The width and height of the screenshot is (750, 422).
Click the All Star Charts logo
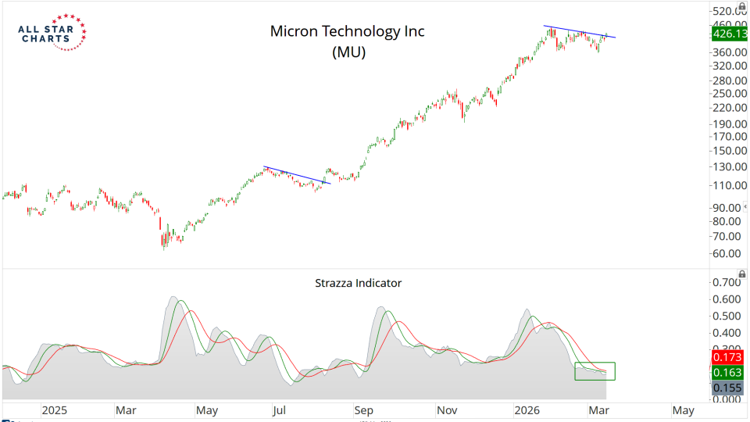[x=52, y=33]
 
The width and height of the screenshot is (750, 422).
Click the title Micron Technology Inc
[x=347, y=31]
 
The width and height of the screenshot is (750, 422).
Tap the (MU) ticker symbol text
[x=348, y=52]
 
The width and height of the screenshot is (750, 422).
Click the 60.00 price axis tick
[x=727, y=254]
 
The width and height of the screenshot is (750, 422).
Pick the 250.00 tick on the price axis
[x=727, y=93]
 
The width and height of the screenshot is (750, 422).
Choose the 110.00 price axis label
[x=727, y=185]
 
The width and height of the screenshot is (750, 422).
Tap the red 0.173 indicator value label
[x=727, y=357]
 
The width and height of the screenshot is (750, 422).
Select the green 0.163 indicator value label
[x=727, y=373]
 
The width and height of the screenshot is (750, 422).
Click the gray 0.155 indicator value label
[x=727, y=387]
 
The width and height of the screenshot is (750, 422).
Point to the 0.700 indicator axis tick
[x=728, y=281]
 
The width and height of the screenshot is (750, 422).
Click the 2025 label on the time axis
[x=55, y=409]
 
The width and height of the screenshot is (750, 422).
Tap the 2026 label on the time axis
[x=530, y=409]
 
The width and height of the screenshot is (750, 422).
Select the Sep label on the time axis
[x=364, y=409]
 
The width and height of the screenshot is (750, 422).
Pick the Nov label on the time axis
[x=446, y=409]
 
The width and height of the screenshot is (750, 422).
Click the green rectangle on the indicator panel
[x=595, y=371]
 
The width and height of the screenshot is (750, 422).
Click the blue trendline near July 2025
[x=297, y=175]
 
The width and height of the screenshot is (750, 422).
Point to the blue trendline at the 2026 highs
[x=580, y=32]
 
